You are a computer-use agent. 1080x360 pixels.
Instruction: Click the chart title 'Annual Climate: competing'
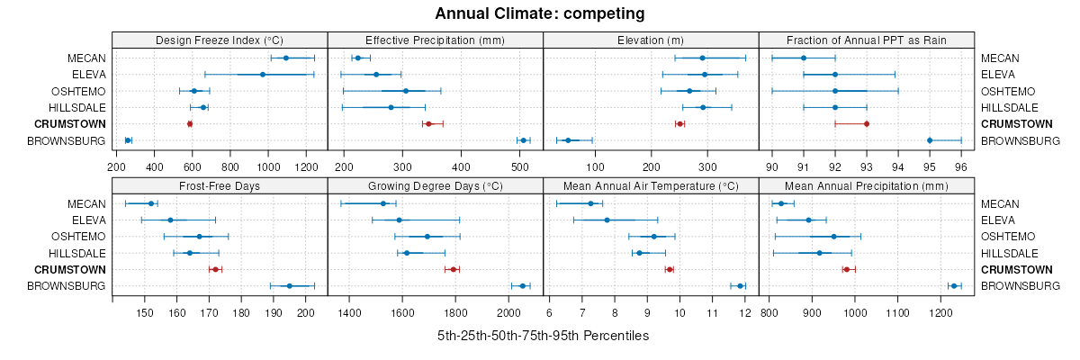[539, 13]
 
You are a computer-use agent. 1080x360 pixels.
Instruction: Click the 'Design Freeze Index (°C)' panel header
[220, 40]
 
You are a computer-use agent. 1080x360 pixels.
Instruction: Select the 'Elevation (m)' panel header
[651, 40]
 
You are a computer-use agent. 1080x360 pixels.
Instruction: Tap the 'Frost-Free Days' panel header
[220, 185]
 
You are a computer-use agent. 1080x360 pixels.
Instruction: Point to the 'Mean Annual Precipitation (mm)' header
[867, 185]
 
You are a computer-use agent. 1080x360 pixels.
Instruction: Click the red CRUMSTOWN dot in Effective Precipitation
[428, 123]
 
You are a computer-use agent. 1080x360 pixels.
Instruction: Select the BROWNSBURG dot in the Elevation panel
[568, 140]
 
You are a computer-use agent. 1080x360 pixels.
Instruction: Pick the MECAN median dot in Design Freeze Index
[286, 58]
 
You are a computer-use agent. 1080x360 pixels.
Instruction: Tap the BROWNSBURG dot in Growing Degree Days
[522, 286]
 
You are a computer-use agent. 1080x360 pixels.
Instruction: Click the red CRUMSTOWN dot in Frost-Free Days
[215, 269]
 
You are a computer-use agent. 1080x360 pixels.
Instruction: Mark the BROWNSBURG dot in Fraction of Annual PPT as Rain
[930, 140]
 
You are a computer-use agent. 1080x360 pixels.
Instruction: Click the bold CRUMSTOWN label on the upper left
[72, 123]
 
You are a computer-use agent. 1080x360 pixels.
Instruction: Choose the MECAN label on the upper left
[86, 58]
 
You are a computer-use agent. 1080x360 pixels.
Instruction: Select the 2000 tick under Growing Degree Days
[508, 313]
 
